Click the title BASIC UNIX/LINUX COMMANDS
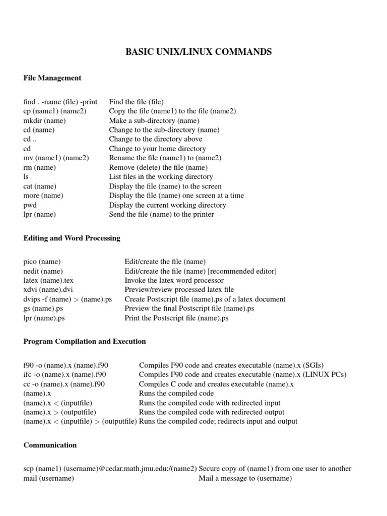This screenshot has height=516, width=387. [x=198, y=52]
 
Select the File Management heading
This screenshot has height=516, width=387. [x=52, y=78]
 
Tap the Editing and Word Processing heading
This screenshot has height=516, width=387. [x=72, y=238]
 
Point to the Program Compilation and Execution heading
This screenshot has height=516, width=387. [x=85, y=342]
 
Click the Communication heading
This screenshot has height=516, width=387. [x=50, y=445]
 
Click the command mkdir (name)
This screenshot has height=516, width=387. [x=45, y=120]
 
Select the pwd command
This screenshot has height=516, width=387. [x=30, y=205]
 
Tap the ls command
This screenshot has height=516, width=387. [x=26, y=177]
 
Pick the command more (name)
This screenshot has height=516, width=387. [x=43, y=196]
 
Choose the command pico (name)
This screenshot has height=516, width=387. [x=42, y=262]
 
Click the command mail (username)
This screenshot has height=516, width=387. [x=49, y=478]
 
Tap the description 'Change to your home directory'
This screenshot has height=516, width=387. [x=158, y=149]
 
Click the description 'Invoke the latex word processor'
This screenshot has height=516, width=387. [x=174, y=280]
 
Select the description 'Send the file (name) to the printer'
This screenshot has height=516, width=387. [x=162, y=214]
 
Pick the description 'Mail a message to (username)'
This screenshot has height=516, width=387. [x=245, y=478]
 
